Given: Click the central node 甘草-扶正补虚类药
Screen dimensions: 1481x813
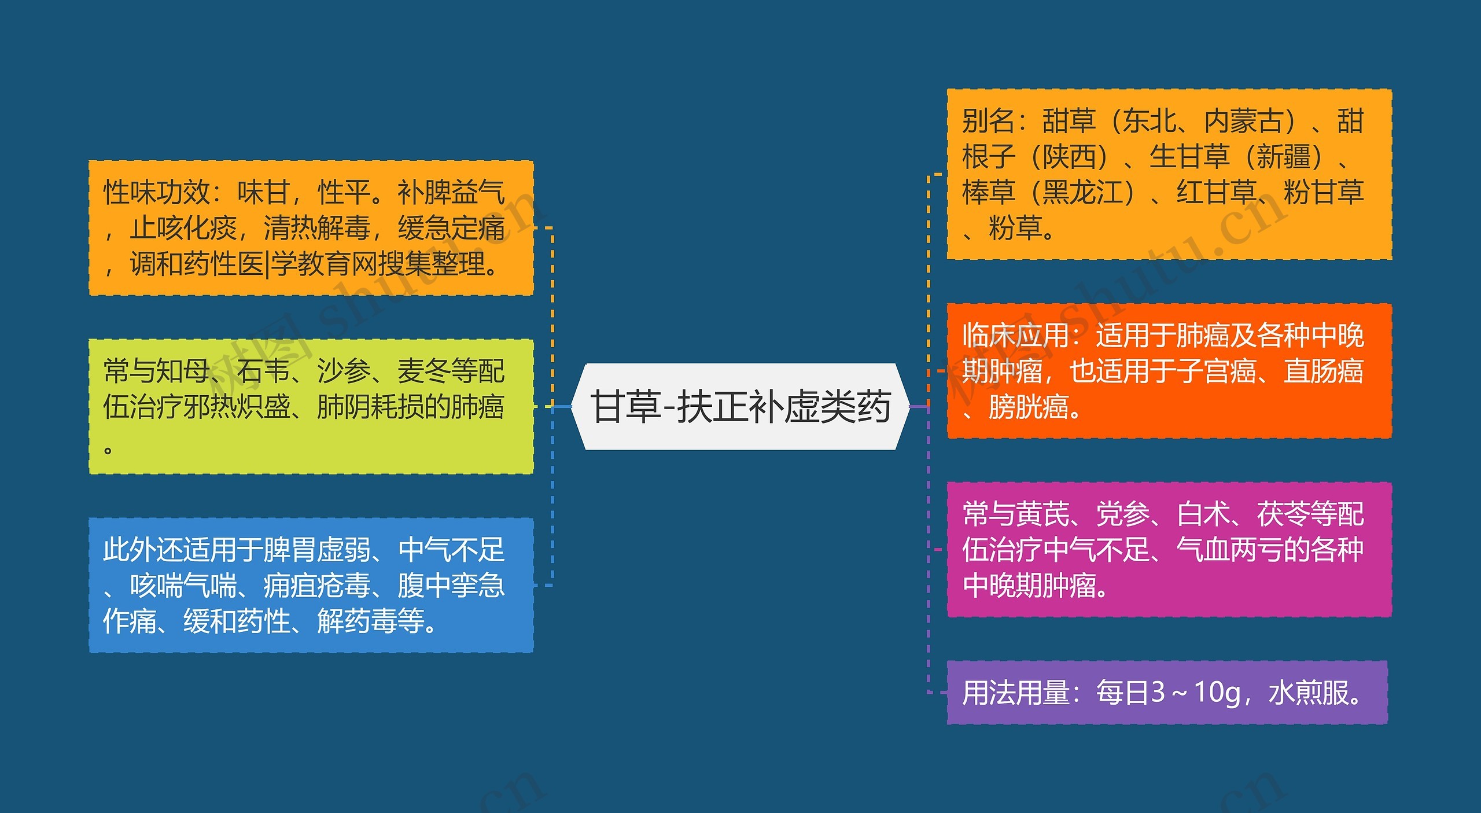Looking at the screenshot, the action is [740, 406].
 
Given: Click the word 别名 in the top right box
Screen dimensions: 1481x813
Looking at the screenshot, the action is [989, 121].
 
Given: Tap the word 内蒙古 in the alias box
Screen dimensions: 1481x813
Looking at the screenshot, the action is [1244, 121].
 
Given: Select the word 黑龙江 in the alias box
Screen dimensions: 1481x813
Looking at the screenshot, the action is [1082, 193].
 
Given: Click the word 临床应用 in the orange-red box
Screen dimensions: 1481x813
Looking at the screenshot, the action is [1015, 336].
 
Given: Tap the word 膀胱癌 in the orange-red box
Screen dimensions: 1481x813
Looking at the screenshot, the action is [1029, 407].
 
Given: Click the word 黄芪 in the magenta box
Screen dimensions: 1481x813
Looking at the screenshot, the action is [1042, 514].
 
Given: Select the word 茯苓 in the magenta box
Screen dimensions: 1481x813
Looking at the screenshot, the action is [1283, 514].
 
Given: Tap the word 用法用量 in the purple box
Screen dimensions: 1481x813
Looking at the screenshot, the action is [1015, 693].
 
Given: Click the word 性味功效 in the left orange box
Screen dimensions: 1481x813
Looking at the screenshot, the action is [157, 193].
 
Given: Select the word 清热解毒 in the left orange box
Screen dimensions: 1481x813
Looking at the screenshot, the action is [317, 229].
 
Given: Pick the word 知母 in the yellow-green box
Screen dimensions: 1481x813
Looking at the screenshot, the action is [183, 371].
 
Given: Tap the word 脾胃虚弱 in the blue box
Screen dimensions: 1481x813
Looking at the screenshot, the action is [317, 550].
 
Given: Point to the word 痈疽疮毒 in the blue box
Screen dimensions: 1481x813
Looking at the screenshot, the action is [317, 586].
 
